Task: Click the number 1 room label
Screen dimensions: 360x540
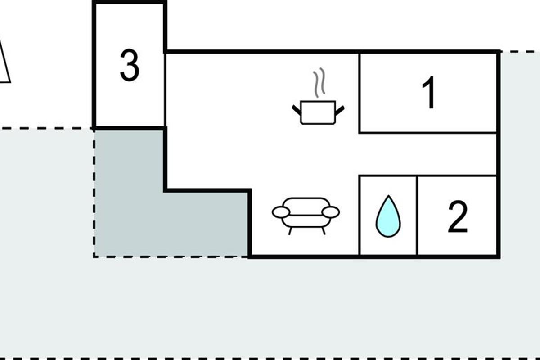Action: tap(430, 93)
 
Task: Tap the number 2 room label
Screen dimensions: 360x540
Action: tap(458, 218)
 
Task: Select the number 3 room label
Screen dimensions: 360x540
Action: tap(130, 66)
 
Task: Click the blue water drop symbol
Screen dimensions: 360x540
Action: tap(388, 216)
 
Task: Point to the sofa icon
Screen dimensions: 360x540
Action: tap(306, 214)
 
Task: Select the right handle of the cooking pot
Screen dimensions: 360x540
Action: tap(340, 109)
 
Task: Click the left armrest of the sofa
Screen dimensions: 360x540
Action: tap(281, 211)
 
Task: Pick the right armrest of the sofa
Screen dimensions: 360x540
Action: tap(332, 211)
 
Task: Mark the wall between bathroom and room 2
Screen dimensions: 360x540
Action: tap(417, 216)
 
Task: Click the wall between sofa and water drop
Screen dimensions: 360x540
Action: tap(359, 216)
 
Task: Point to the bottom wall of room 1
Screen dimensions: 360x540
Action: tap(427, 133)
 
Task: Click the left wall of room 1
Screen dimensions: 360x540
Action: tap(359, 92)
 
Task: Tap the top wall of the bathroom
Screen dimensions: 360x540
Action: tap(388, 176)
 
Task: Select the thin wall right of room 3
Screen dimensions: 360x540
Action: tap(166, 90)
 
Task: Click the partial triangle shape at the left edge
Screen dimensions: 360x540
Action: tap(4, 63)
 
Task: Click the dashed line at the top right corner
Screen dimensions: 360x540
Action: tap(522, 52)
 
